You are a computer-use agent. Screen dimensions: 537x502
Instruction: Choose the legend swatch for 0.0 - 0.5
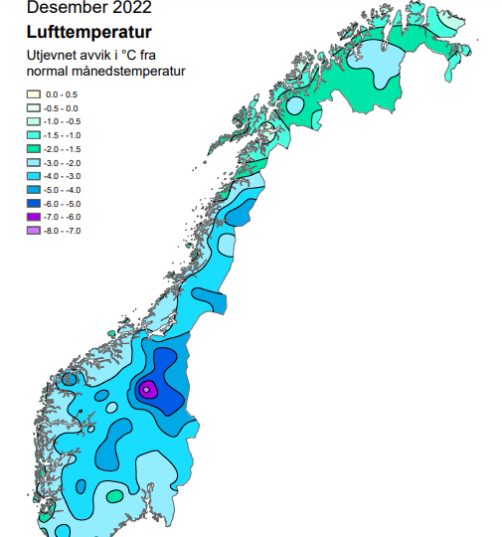33,93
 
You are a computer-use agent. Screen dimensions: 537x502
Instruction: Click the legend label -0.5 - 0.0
64,107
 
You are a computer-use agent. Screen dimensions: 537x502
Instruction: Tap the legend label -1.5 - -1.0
64,134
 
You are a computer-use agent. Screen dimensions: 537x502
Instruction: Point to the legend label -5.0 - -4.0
64,189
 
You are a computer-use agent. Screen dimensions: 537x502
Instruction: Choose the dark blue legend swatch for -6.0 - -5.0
33,203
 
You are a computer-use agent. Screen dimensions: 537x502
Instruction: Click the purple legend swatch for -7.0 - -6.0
33,217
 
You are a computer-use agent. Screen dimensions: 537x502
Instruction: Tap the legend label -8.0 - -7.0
64,231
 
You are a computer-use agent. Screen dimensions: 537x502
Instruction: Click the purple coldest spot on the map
146,390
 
